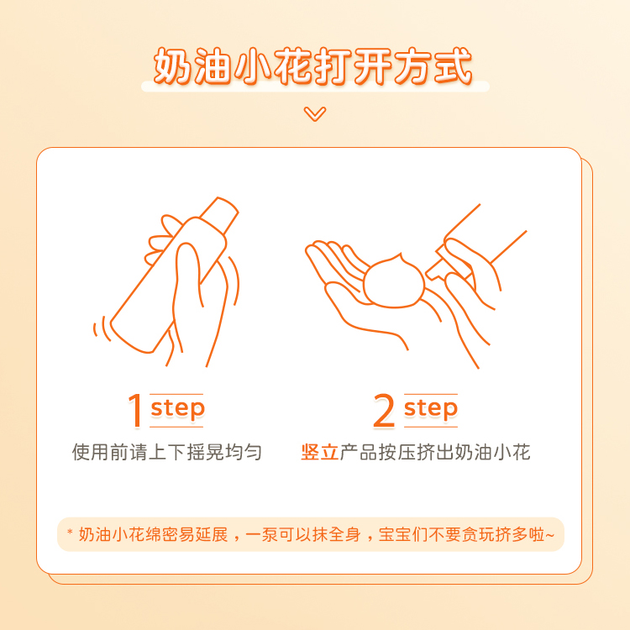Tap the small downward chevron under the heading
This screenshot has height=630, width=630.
pos(315,113)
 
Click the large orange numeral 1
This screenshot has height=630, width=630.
pos(135,411)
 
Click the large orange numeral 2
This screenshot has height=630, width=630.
pos(384,411)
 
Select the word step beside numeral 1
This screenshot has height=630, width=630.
pos(177,409)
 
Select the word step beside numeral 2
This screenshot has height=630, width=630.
pos(430,409)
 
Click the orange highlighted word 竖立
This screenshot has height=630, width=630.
pos(319,453)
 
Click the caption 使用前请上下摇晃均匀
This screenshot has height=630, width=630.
pos(166,453)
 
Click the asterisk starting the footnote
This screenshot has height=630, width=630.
pos(70,533)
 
